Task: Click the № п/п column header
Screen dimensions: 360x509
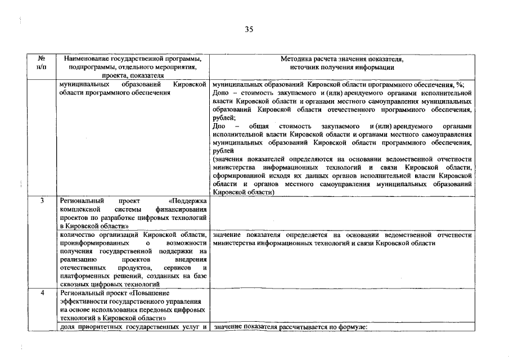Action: tap(42, 62)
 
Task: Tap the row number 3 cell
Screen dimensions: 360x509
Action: tap(42, 201)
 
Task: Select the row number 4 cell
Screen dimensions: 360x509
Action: tap(42, 293)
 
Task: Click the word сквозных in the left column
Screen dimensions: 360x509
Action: tap(73, 285)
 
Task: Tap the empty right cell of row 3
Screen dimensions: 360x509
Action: tap(340, 213)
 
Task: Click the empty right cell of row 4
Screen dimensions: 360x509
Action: tap(340, 305)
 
